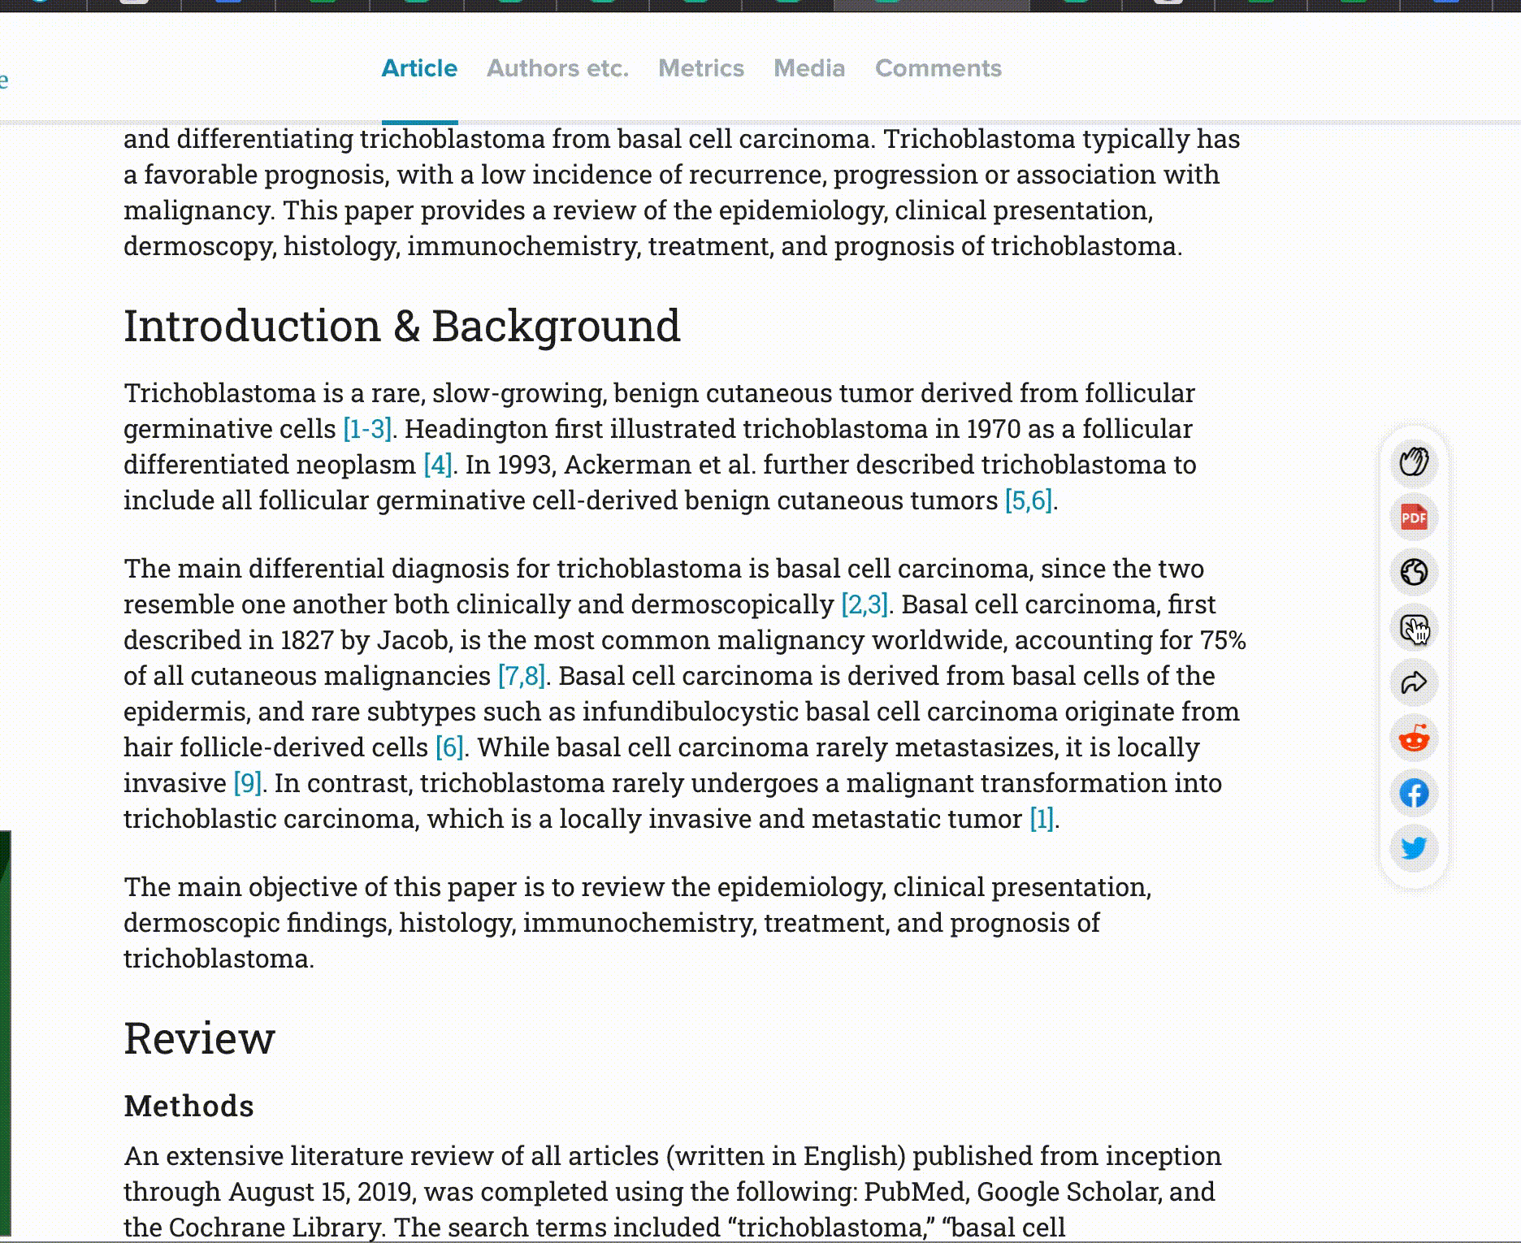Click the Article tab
click(419, 68)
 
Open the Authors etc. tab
click(557, 68)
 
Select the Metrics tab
click(700, 68)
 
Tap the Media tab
click(809, 68)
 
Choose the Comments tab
click(938, 68)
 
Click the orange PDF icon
click(1414, 518)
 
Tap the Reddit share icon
click(1414, 738)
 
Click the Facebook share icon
click(1414, 793)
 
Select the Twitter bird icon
click(1414, 848)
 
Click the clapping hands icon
click(1414, 462)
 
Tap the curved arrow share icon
click(1414, 683)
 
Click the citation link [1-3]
click(367, 429)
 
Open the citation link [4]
click(437, 465)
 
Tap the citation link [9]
click(247, 783)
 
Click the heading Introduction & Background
click(401, 326)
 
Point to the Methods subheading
click(188, 1107)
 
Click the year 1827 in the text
click(306, 640)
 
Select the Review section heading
click(199, 1038)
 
